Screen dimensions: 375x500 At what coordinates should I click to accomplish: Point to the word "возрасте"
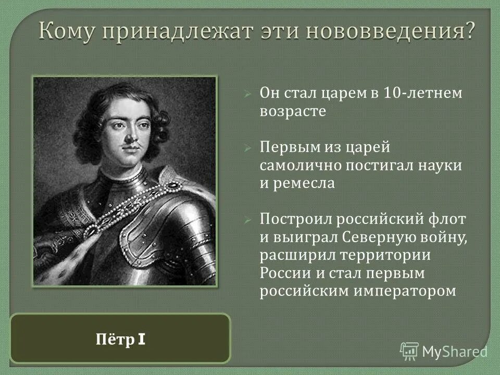click(293, 112)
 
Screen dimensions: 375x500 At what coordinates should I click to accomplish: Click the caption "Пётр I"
click(120, 340)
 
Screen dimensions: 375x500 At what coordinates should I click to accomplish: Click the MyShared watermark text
click(455, 351)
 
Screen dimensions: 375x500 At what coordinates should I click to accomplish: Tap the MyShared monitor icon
click(409, 351)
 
